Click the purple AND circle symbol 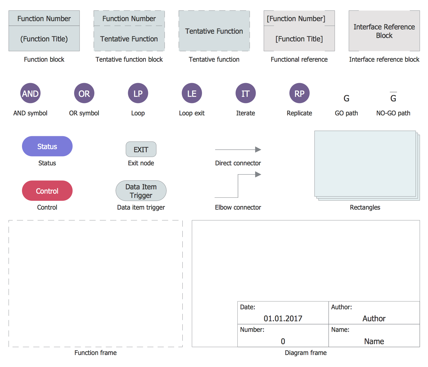click(x=30, y=93)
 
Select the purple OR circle click(x=84, y=93)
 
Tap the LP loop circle click(x=138, y=93)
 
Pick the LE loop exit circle click(x=192, y=93)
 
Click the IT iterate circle click(x=245, y=93)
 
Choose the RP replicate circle click(x=299, y=93)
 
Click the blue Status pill click(x=47, y=146)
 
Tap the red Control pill click(x=47, y=191)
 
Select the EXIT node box click(x=141, y=149)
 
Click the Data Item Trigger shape click(x=141, y=191)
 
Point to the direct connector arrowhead click(x=258, y=149)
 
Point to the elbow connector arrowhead click(x=258, y=174)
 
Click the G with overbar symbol click(x=393, y=98)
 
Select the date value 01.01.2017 click(x=283, y=318)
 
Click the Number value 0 click(x=283, y=341)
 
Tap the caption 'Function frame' click(x=95, y=353)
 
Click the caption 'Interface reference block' click(x=384, y=59)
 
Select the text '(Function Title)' click(x=44, y=39)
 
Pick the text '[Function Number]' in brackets click(x=296, y=19)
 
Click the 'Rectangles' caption click(x=365, y=207)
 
